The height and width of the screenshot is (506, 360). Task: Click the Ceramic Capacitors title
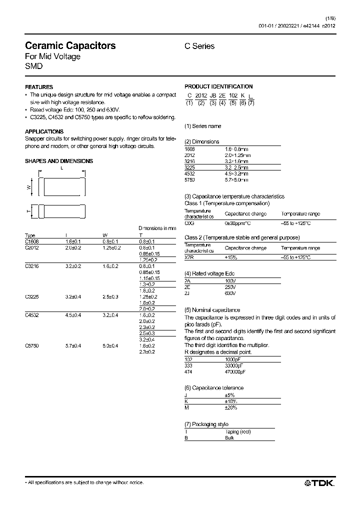[70, 45]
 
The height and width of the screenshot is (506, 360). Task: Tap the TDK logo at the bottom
[319, 482]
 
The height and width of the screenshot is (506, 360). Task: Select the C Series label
[199, 46]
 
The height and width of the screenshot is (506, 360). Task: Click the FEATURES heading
[39, 87]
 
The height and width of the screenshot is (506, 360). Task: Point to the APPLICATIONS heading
[44, 131]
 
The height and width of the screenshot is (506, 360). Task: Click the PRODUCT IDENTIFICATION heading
[218, 86]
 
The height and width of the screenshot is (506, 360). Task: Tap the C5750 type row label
[31, 345]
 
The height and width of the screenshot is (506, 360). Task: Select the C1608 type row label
[31, 241]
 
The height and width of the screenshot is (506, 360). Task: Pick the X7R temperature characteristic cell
[189, 256]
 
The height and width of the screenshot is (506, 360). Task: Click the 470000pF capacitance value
[235, 372]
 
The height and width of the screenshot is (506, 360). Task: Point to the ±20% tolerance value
[230, 408]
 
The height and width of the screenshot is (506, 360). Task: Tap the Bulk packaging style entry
[230, 437]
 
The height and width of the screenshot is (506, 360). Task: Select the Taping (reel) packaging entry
[238, 431]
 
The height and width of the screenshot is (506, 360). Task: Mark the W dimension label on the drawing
[29, 187]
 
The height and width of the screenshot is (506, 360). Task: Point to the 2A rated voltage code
[188, 281]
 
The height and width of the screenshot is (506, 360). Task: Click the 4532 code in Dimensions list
[189, 173]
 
